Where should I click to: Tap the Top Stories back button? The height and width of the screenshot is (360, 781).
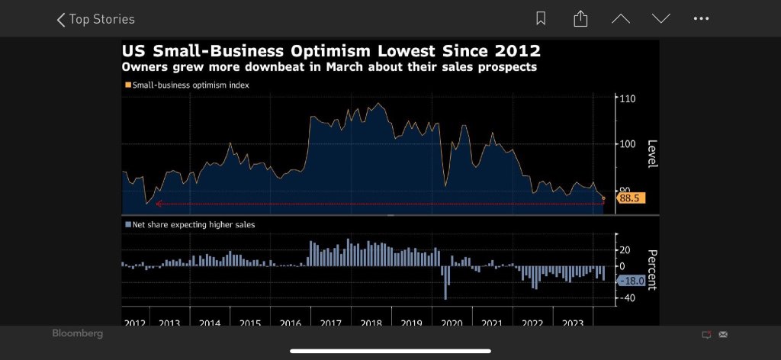(95, 19)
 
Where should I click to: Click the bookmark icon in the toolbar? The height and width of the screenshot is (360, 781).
(541, 19)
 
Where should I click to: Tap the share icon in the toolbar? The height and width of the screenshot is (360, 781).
(580, 19)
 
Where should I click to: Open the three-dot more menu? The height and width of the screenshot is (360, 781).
(701, 19)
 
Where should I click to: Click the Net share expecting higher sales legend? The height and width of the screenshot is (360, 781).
(190, 225)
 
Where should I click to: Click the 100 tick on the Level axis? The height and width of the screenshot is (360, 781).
(627, 143)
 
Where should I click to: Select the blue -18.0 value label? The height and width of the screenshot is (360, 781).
(632, 281)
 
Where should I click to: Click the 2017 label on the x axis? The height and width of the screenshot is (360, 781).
(330, 323)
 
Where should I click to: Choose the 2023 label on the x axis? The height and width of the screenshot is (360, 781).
(572, 323)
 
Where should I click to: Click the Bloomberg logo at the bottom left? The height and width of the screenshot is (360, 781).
(77, 334)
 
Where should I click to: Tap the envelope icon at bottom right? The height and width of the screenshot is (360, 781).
(723, 334)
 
